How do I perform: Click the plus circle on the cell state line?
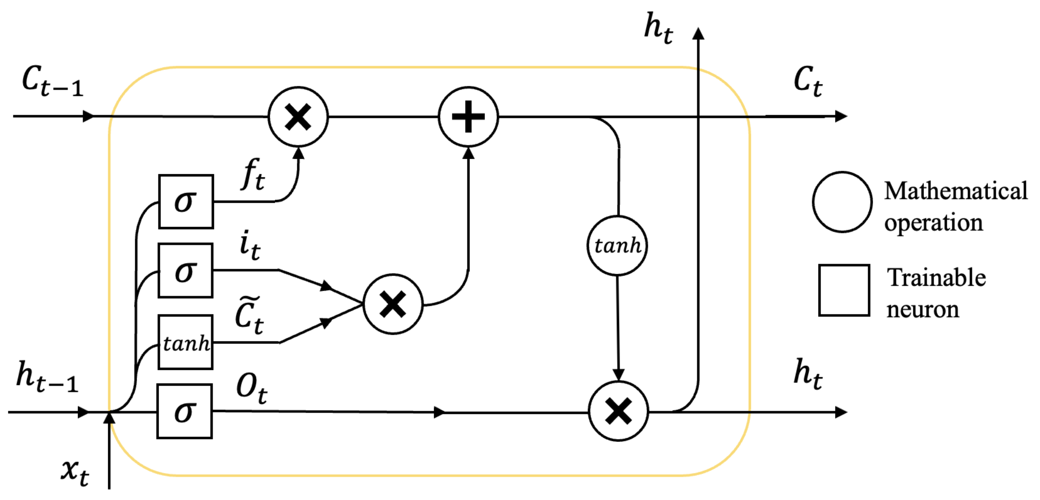(x=468, y=117)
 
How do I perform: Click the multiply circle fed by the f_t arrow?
(x=298, y=117)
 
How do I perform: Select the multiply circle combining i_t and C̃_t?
(x=393, y=304)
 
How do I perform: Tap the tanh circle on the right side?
(x=617, y=245)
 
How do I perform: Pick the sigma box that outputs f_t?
(x=186, y=201)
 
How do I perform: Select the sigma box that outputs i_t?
(x=185, y=271)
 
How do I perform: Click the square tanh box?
(x=185, y=342)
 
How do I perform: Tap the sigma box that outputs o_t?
(x=185, y=411)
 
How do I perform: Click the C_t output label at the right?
(x=808, y=81)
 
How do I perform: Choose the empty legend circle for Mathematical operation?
(x=842, y=202)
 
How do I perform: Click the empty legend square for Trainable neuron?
(x=844, y=290)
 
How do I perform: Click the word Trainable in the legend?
(x=936, y=278)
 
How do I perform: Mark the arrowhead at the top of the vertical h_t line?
(x=698, y=34)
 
